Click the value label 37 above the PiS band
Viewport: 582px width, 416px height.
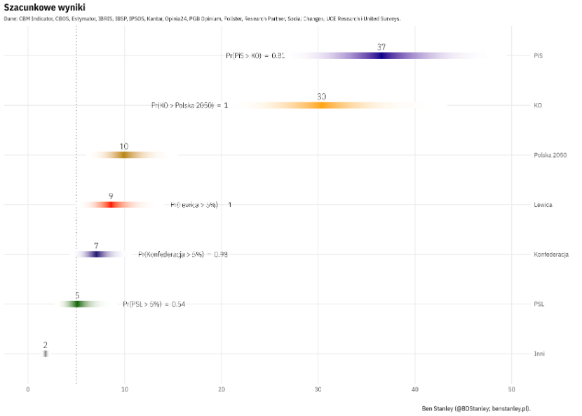tap(381, 47)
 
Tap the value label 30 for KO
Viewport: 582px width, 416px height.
tap(321, 97)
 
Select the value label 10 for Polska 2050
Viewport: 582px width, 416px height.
tap(124, 147)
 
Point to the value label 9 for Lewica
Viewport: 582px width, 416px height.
tap(111, 196)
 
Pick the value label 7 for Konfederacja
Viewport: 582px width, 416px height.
tap(96, 246)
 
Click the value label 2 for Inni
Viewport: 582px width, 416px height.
tap(46, 345)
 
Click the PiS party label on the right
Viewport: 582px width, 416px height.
tap(538, 55)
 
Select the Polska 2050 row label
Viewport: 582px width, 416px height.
tap(550, 155)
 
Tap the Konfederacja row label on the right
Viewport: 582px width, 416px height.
tap(550, 254)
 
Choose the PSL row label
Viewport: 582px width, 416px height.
tap(539, 304)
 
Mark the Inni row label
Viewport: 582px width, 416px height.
tap(539, 354)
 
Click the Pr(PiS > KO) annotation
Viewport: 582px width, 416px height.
tap(255, 55)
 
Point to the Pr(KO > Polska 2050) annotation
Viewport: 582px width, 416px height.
tap(189, 105)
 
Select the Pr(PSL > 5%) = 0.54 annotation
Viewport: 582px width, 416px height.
tap(154, 304)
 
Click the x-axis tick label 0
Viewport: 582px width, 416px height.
tap(28, 389)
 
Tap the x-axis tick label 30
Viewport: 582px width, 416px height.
tap(318, 389)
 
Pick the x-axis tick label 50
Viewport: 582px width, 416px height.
tap(512, 389)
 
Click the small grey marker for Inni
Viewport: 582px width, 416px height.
tap(46, 354)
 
